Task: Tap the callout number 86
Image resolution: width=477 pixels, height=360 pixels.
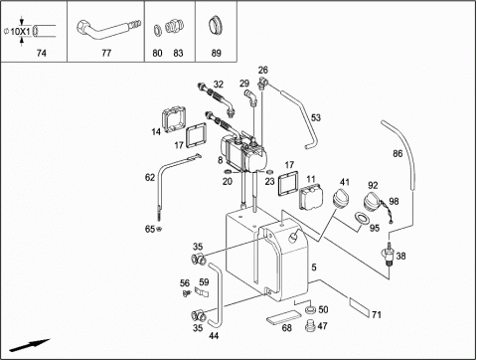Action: [397, 153]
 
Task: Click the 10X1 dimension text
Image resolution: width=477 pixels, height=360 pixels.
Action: [20, 32]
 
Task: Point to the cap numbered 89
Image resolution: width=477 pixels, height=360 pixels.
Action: [216, 26]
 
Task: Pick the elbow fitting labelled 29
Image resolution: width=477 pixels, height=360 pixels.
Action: [250, 97]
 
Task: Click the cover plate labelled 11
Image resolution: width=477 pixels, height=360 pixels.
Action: [311, 198]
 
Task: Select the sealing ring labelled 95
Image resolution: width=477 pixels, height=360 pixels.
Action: [362, 219]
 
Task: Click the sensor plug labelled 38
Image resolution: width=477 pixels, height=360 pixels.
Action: [389, 254]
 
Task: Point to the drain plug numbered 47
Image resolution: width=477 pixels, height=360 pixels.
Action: [310, 325]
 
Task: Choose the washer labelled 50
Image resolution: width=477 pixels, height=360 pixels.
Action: [310, 309]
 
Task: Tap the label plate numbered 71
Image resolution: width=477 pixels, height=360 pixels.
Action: [360, 307]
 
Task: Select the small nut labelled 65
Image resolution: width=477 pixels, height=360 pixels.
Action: [159, 229]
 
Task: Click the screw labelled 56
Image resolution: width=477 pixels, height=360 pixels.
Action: [187, 292]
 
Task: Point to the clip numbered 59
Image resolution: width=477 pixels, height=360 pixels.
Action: [202, 292]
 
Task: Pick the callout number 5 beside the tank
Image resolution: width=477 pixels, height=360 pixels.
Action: [314, 267]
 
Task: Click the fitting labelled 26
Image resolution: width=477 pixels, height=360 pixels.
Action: [263, 83]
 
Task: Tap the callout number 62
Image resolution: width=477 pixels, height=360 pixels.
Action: [150, 178]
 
